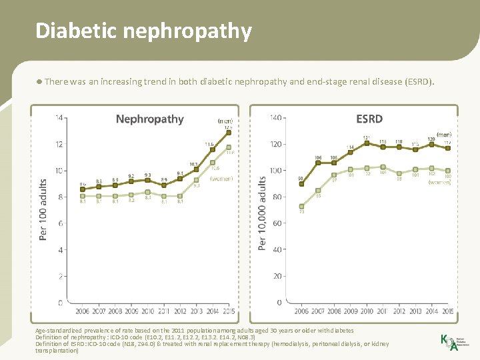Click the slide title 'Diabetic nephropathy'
(x=143, y=31)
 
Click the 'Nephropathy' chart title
(x=149, y=119)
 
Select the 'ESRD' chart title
(x=369, y=119)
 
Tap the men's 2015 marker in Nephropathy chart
(x=229, y=132)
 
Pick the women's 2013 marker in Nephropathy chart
(x=196, y=180)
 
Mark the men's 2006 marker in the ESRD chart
(x=301, y=184)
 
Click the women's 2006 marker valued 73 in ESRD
(x=301, y=206)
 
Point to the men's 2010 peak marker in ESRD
(x=366, y=143)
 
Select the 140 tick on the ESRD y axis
(x=275, y=118)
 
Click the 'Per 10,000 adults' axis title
(x=261, y=209)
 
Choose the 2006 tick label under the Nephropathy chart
(x=82, y=311)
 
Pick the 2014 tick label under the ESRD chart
(x=431, y=311)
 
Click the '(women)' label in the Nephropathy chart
(x=221, y=179)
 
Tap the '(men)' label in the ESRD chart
(x=444, y=135)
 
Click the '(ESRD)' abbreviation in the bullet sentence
(x=419, y=82)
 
